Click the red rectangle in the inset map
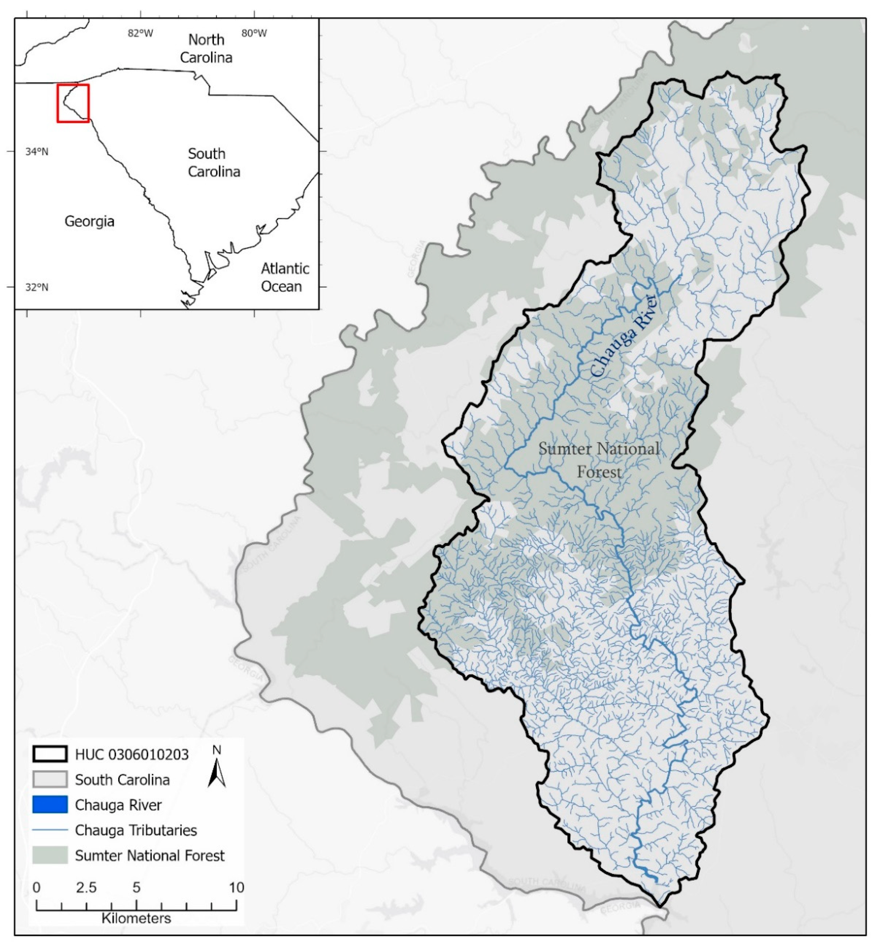73,103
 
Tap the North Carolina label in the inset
206,49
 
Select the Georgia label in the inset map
90,221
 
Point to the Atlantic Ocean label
284,278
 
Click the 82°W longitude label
140,33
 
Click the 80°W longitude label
254,33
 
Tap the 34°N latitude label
37,152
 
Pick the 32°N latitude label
37,287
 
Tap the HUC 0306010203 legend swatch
50,754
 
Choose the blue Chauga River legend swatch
50,805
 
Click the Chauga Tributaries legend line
50,830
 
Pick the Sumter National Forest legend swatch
50,855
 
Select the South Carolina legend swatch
50,780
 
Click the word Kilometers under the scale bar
136,918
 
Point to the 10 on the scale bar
236,887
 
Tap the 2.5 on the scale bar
86,887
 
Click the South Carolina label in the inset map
214,162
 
